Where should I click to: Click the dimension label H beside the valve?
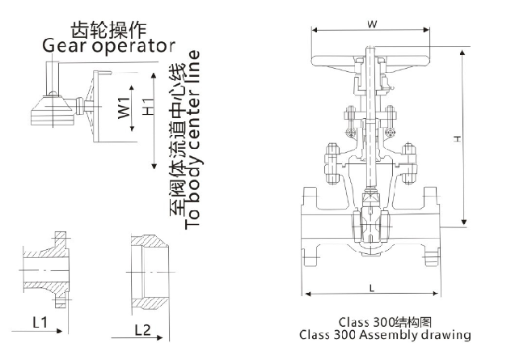[457, 139]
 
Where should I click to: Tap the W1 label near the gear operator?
[123, 108]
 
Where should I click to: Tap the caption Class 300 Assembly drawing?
[384, 333]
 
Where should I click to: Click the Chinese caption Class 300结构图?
[384, 320]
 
